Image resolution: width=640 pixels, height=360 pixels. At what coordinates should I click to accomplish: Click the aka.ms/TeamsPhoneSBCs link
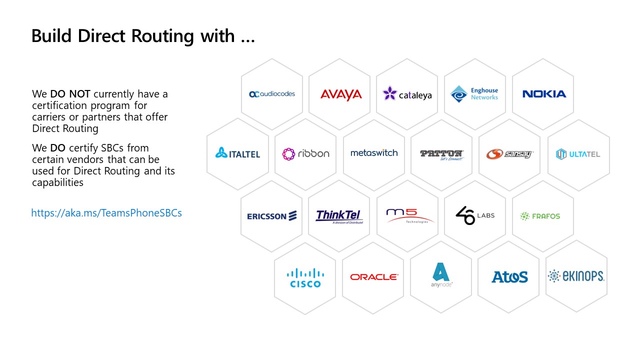(106, 213)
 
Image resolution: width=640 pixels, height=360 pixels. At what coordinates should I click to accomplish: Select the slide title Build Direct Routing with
(143, 36)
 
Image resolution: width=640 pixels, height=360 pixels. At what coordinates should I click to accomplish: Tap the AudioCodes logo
(272, 94)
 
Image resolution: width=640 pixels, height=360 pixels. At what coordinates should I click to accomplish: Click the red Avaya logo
(341, 94)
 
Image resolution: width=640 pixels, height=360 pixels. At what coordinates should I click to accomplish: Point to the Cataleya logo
(407, 93)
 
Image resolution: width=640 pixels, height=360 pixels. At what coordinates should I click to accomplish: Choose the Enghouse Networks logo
(474, 94)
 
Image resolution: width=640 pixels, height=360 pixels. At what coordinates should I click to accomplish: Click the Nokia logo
(544, 94)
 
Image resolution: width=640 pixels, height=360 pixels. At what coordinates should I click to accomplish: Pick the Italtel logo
(237, 153)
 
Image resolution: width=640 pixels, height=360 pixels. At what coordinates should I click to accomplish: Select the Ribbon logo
(305, 153)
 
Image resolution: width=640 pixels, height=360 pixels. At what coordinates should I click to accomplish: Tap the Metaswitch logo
(374, 153)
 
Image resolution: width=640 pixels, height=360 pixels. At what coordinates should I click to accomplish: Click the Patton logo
(441, 154)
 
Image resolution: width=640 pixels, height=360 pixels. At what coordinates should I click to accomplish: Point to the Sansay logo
(509, 154)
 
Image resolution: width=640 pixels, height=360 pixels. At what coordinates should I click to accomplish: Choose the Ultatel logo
(577, 154)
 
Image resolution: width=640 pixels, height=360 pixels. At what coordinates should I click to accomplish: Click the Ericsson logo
(272, 216)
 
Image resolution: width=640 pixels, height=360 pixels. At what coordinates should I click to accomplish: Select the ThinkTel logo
(339, 216)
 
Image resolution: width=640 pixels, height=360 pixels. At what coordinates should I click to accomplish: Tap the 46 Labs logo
(474, 215)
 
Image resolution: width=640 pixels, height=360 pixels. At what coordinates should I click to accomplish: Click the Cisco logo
(305, 278)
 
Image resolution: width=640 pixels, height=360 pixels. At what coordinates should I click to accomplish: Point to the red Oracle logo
(374, 277)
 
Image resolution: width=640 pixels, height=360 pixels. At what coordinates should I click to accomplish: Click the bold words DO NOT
(70, 94)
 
